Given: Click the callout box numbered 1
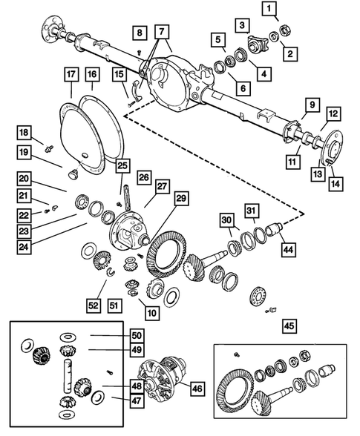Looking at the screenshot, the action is pos(269,8).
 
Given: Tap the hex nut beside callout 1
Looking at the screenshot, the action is pos(285,30).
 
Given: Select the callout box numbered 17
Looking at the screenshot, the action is pos(71,74).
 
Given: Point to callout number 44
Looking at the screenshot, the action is pos(288,249).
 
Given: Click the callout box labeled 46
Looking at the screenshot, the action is pos(197,389).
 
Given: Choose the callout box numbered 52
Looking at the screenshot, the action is pos(94,305).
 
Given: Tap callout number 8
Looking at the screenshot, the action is pos(140,33).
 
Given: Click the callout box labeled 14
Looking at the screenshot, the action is pos(336,184).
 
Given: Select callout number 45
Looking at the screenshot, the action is pos(289,326).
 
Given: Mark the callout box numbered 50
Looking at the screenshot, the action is pos(137,336).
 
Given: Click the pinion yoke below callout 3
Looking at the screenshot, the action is pos(256,44).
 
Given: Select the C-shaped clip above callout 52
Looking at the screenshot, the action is pos(111,271).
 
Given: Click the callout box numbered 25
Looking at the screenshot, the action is pos(122,166).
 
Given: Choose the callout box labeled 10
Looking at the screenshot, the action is pos(151,313).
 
